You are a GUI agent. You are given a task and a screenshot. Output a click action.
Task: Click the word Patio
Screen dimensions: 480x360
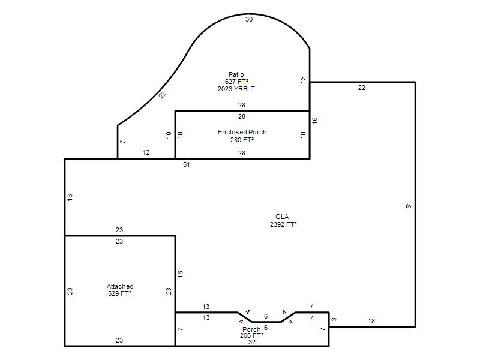point(236,74)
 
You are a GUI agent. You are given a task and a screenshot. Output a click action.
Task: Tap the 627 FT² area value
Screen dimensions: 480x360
point(236,82)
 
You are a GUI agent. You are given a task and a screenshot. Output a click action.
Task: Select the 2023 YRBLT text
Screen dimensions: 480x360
point(236,89)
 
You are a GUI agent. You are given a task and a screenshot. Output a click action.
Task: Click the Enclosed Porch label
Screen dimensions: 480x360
point(242,132)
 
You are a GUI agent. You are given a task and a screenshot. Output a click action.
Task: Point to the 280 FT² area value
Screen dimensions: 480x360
point(242,140)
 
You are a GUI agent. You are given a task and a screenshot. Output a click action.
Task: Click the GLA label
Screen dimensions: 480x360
point(282,217)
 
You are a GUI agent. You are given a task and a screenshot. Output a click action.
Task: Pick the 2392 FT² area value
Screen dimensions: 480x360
point(283,224)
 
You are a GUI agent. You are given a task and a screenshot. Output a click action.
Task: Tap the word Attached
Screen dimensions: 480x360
point(120,286)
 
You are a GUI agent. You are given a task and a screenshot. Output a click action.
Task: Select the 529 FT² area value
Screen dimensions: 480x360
point(119,293)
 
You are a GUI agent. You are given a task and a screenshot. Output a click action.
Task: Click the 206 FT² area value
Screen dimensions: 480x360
point(251,335)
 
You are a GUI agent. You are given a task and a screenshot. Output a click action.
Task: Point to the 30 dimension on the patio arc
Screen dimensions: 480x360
point(249,19)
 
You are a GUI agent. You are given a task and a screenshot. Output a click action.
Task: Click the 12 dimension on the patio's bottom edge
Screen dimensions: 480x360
point(146,152)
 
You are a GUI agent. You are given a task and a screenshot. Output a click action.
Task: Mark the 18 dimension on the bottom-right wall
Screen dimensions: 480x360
point(371,321)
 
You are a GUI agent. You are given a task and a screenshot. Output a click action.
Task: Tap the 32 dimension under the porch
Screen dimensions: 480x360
point(251,342)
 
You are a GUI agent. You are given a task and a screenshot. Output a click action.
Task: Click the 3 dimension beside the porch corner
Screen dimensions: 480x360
point(334,319)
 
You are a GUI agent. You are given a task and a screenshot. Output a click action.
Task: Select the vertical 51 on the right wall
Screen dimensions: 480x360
point(409,205)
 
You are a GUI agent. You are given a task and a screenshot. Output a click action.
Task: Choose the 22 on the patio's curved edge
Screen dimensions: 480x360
point(163,95)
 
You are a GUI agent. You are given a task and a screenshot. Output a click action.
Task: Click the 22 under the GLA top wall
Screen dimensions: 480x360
point(362,88)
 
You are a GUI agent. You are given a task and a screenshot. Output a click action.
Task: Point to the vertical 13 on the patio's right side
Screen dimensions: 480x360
point(303,80)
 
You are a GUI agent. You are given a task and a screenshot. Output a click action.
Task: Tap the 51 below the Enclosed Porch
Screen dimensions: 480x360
point(187,164)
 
